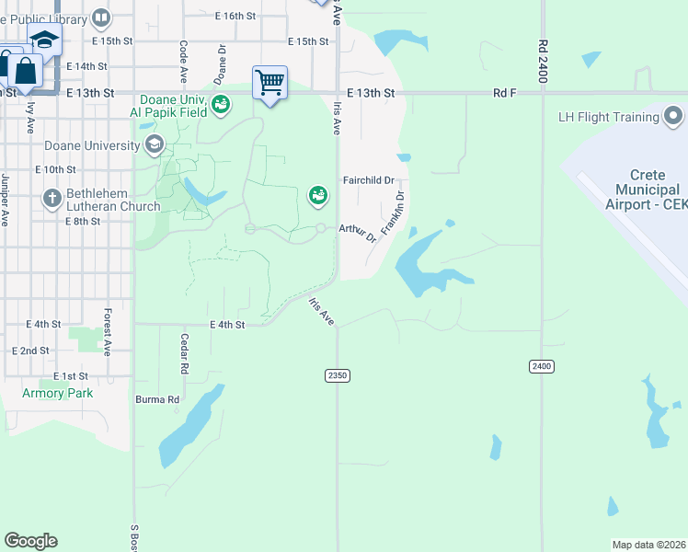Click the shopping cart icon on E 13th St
click(x=269, y=83)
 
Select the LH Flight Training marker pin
click(x=673, y=117)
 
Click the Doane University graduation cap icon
click(x=154, y=144)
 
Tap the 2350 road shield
click(x=338, y=375)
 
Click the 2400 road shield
click(x=542, y=366)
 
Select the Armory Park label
click(x=58, y=393)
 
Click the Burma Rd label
click(x=160, y=399)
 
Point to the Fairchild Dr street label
click(x=368, y=180)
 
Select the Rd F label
click(x=505, y=93)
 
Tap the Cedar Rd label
click(x=184, y=353)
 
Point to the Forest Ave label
click(x=108, y=332)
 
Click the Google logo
click(x=30, y=541)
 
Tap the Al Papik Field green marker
click(x=221, y=104)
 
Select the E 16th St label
click(x=235, y=16)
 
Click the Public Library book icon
click(x=102, y=17)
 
